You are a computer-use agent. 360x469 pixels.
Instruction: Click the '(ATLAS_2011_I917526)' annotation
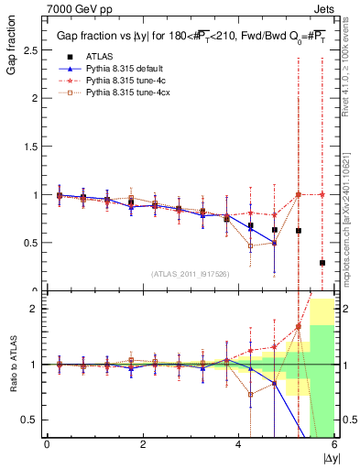pos(191,273)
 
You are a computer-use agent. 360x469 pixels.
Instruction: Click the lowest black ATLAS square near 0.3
pos(322,263)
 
